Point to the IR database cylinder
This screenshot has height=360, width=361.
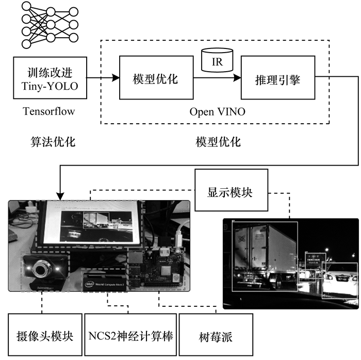(x=217, y=61)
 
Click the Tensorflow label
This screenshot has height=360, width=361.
(x=50, y=111)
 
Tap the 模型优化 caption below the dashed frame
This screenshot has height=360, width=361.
(x=218, y=141)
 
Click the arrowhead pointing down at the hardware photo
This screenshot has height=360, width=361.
(x=61, y=197)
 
